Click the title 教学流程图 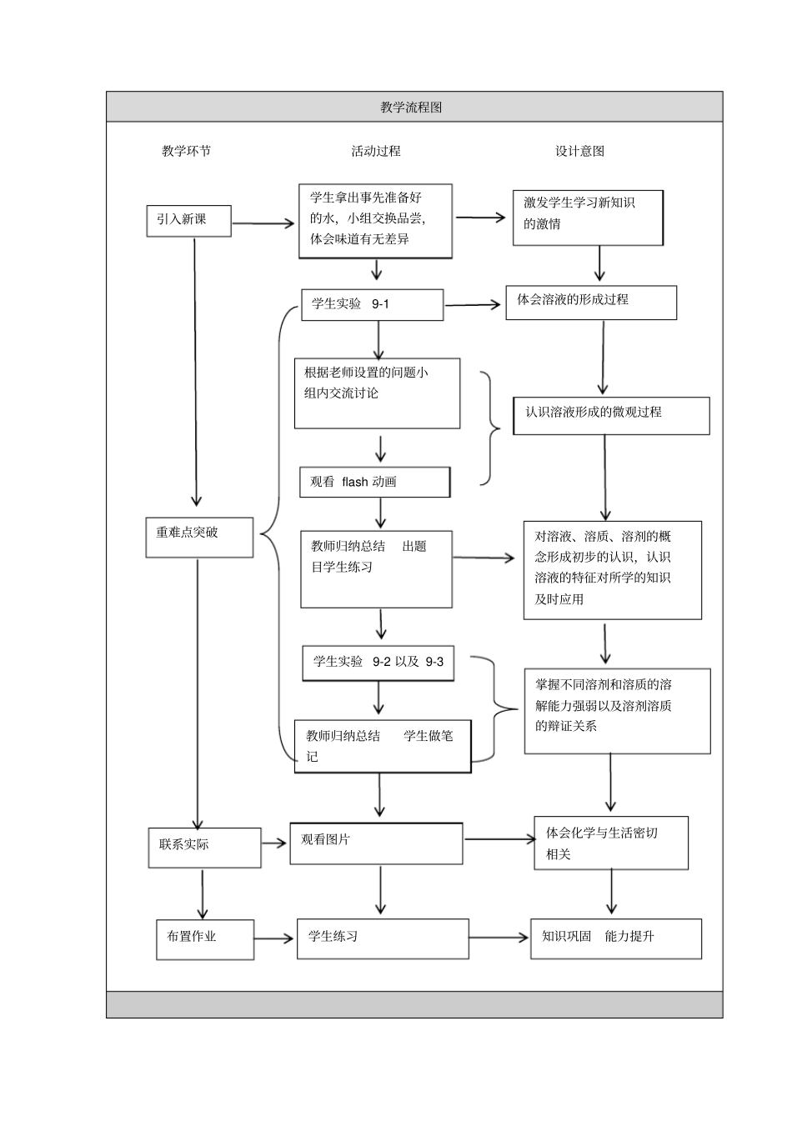click(x=410, y=108)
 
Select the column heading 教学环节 click(x=186, y=151)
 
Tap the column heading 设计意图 click(x=579, y=151)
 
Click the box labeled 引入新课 click(x=188, y=220)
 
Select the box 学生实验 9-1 click(x=372, y=305)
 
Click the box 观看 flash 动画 click(x=374, y=482)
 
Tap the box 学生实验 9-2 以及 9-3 click(x=378, y=662)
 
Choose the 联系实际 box click(x=204, y=847)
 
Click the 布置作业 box click(x=204, y=938)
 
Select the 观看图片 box click(x=376, y=843)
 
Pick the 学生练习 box click(x=383, y=938)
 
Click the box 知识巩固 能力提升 click(x=615, y=938)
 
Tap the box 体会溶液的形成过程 click(x=590, y=303)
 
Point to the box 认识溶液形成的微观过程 click(x=611, y=415)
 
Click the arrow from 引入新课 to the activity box click(x=263, y=223)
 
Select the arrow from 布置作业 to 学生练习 click(x=274, y=938)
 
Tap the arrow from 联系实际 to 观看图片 click(x=274, y=843)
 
